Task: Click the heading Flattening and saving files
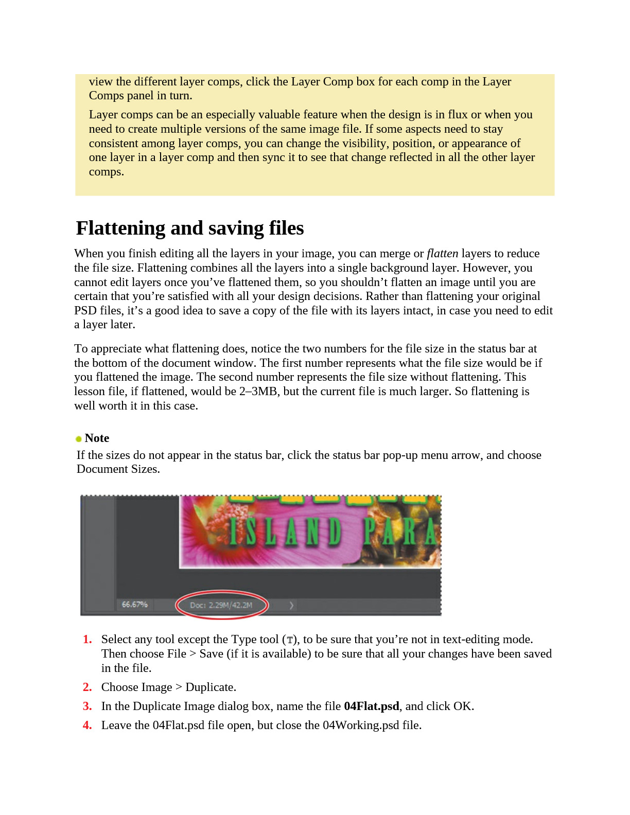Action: (190, 228)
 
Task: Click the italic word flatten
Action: (442, 253)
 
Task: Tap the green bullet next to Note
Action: (79, 439)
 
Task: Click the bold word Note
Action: (97, 438)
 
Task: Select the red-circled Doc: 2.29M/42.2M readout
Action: (221, 605)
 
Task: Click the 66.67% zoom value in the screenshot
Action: (134, 605)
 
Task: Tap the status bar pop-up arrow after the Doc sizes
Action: (291, 606)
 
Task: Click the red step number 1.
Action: (87, 640)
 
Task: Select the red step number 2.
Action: (87, 687)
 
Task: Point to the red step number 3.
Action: (87, 706)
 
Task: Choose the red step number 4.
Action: (87, 725)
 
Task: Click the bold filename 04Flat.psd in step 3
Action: (371, 706)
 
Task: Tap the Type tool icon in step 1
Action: (290, 640)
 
